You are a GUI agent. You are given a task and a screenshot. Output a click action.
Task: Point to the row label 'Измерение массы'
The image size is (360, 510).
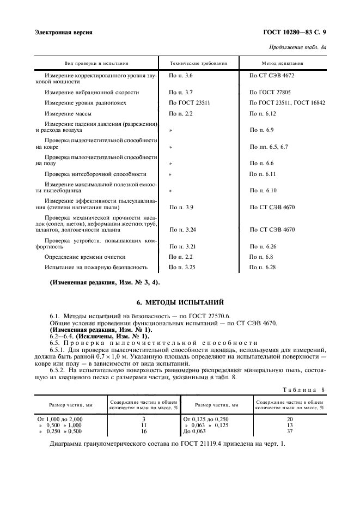[x=69, y=114]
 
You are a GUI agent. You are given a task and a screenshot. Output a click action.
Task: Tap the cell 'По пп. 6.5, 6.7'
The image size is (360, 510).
[x=269, y=147]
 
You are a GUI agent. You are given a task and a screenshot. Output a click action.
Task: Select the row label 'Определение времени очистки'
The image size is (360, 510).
[x=86, y=257]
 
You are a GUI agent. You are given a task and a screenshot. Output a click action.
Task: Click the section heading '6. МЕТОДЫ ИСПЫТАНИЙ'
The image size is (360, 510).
[x=180, y=302]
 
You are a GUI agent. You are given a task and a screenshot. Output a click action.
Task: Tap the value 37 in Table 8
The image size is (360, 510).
[x=289, y=432]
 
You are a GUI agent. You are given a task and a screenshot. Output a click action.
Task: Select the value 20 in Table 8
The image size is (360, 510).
[x=289, y=418]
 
